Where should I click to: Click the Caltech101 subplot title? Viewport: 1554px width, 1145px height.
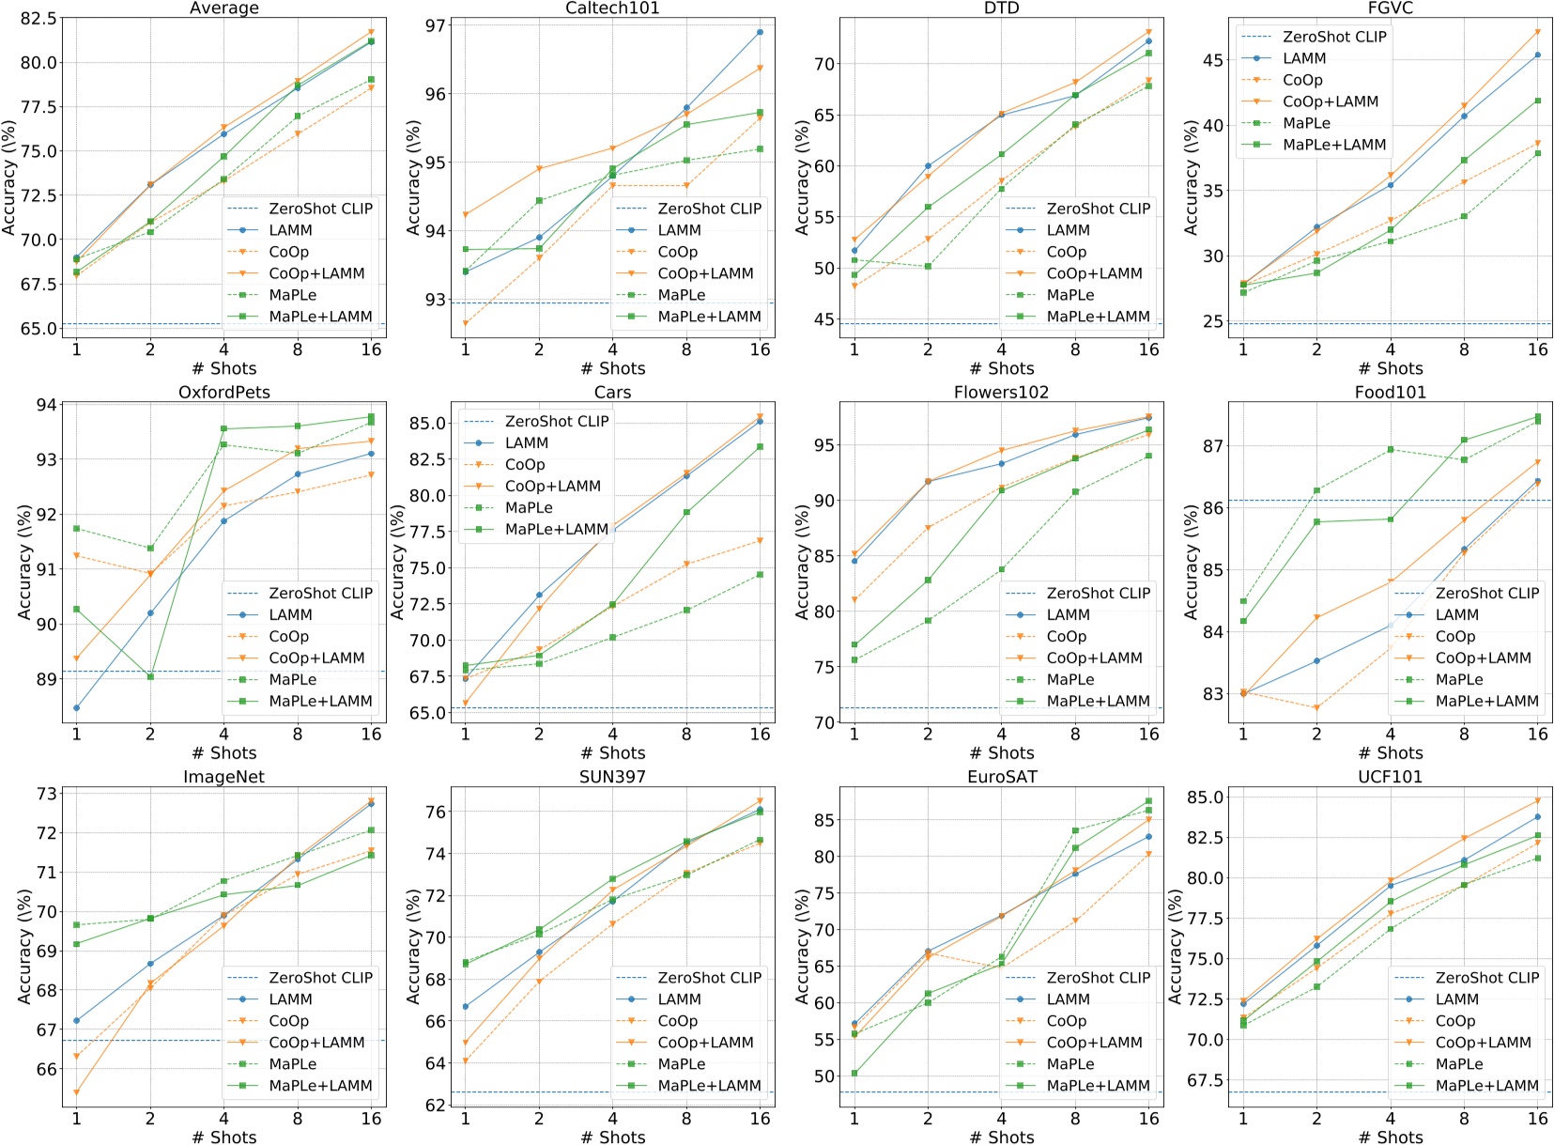click(612, 8)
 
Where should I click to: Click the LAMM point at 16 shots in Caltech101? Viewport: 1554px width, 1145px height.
click(760, 32)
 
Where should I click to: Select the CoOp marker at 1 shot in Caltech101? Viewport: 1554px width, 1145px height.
click(465, 324)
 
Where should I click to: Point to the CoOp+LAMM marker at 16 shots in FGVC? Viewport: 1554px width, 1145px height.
click(1537, 32)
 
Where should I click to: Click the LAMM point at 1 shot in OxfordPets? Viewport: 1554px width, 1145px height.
click(76, 708)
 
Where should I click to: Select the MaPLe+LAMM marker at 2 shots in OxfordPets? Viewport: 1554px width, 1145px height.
click(150, 676)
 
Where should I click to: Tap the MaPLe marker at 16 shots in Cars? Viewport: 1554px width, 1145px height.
click(760, 575)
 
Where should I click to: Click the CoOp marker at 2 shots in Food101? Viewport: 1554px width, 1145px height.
click(1316, 708)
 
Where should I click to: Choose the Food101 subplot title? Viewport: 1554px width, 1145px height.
click(1390, 393)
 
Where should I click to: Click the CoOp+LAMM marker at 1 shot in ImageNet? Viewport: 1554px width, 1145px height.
click(76, 1092)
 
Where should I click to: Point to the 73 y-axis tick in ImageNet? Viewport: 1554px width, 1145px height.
click(45, 794)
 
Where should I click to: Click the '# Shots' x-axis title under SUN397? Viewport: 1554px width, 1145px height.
click(612, 1137)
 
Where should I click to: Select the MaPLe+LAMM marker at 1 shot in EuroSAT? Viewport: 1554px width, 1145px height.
click(854, 1073)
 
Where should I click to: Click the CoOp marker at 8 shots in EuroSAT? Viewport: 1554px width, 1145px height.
click(1075, 921)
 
